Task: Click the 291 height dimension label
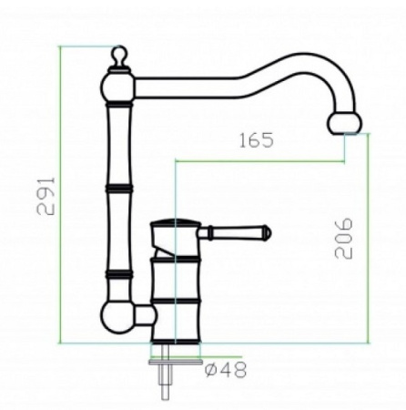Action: tap(46, 196)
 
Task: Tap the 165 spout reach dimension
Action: tap(257, 140)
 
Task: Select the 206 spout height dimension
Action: tap(344, 238)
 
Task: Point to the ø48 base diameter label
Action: tap(226, 370)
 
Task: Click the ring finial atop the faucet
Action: tap(119, 55)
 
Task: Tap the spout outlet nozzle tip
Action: tap(345, 124)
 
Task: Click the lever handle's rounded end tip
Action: tap(268, 233)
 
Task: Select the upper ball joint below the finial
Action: tap(117, 87)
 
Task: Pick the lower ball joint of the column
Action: tap(117, 318)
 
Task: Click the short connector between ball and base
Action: tap(145, 316)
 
